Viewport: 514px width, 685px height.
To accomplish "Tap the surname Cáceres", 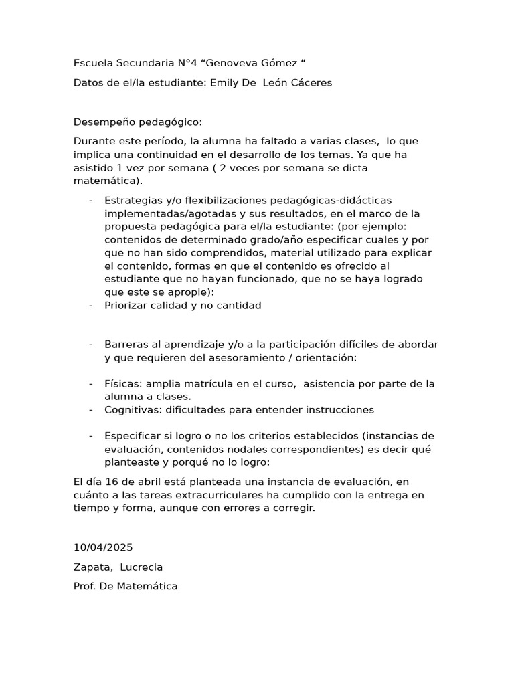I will (x=309, y=83).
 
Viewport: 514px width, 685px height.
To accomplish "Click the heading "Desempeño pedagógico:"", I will (x=137, y=122).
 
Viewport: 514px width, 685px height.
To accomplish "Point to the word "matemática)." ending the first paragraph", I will (x=108, y=181).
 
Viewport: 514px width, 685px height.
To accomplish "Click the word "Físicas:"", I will (x=123, y=384).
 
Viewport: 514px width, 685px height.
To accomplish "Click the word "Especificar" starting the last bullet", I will (x=133, y=436).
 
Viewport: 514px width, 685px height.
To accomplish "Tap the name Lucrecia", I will (x=141, y=567).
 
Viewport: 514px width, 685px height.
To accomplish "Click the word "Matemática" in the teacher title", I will (x=149, y=587).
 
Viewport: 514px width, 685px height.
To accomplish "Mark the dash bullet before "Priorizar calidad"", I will (x=91, y=306).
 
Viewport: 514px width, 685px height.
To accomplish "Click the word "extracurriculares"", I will (x=216, y=496).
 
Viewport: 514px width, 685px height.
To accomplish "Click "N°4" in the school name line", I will (x=187, y=64).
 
